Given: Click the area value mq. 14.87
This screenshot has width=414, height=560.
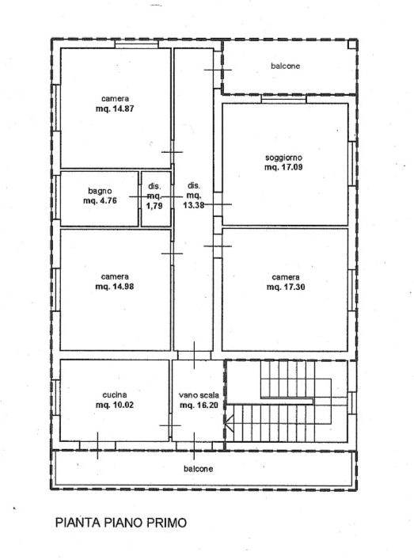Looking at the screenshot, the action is [115, 109].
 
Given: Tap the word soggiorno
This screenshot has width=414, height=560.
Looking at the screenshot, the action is [283, 158].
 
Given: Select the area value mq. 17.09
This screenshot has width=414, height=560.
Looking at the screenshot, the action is [283, 167].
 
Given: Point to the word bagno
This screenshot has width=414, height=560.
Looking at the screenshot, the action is [100, 192].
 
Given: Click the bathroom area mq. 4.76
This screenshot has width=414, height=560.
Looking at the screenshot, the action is [100, 200].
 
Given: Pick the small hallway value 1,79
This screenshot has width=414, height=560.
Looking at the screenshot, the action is [154, 206].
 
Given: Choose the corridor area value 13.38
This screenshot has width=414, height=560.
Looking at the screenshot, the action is [193, 205].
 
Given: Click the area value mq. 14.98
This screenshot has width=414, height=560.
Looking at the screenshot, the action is [115, 287].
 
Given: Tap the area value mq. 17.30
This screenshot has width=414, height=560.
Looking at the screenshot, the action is [286, 287].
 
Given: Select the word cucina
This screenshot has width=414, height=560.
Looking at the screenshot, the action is [115, 395].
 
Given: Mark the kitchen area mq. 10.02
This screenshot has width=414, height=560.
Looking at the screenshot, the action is [115, 405].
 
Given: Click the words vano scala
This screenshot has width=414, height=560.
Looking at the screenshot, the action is [199, 395].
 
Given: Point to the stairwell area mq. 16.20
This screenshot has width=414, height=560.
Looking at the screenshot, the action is [199, 406].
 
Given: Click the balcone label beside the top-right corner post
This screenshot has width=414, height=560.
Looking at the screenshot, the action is [285, 66].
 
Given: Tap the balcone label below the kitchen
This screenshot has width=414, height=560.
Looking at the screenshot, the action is [199, 469].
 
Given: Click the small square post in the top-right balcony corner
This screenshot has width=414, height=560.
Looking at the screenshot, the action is [352, 44].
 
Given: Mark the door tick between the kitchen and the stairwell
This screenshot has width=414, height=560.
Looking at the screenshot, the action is [170, 425].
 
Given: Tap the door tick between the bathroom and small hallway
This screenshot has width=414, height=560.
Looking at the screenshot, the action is [139, 196].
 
